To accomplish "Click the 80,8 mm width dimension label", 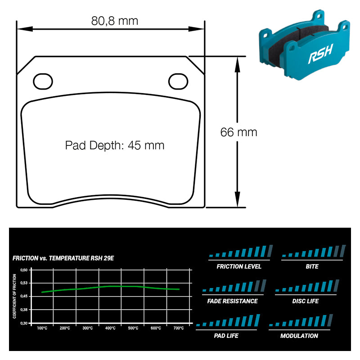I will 115,21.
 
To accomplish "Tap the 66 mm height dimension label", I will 238,132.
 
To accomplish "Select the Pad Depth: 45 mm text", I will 115,145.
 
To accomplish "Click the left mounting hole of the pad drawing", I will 43,81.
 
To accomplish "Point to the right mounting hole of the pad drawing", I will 178,81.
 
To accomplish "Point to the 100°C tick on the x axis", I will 42,328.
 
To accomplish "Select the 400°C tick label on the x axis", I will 110,328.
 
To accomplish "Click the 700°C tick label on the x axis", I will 178,328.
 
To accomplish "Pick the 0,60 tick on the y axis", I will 24,270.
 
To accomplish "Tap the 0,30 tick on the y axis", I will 24,323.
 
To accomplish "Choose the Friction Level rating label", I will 239,266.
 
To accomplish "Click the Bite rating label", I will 312,266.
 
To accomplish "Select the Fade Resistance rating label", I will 233,301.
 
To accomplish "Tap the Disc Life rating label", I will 306,301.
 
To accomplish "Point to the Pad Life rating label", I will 226,336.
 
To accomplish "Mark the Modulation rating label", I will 299,336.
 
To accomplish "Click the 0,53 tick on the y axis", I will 24,283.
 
